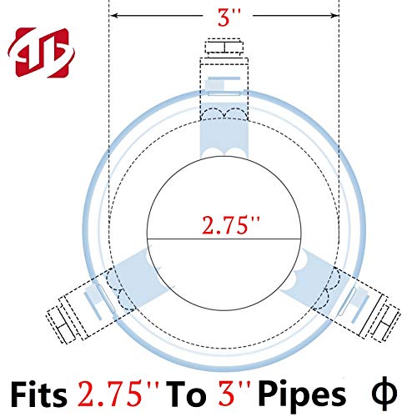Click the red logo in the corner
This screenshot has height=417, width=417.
point(41,53)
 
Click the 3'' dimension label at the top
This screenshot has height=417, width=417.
point(229,18)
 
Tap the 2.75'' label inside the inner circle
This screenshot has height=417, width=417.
point(230,224)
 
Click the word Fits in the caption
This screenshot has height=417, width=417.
point(39,394)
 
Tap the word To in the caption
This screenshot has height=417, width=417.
point(186,394)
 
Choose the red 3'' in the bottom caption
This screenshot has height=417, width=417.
point(234,394)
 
